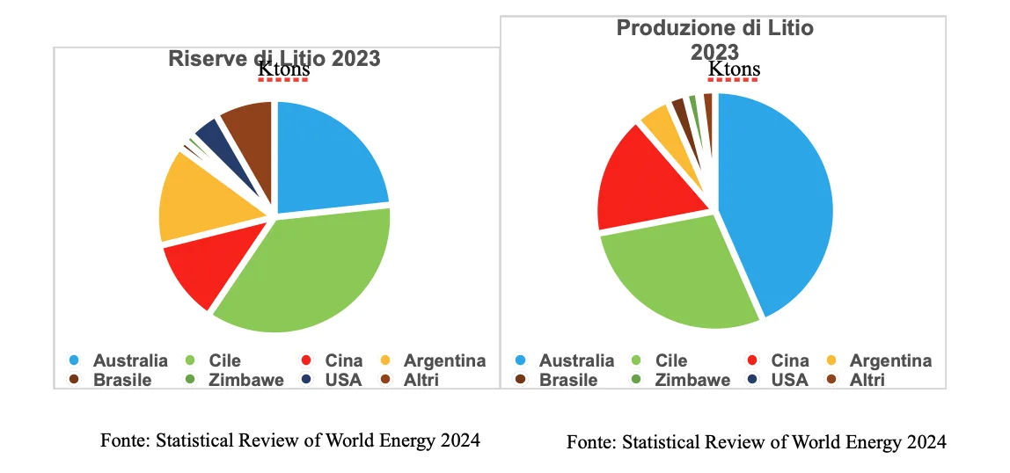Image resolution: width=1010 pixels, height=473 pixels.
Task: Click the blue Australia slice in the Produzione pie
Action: coord(774,202)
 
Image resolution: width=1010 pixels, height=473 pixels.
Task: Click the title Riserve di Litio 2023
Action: coord(274,59)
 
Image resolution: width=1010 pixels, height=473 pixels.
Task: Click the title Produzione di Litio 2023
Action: coord(714,40)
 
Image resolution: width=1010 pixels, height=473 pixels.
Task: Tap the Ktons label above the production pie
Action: coord(734,70)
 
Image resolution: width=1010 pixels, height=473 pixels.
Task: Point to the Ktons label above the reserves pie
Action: coord(283,69)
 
